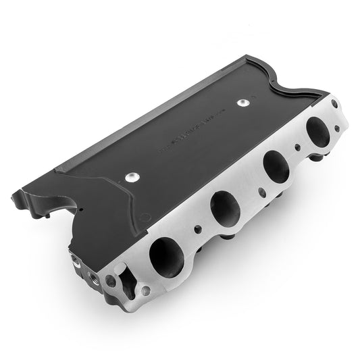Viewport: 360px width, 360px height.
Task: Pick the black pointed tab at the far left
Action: tap(15, 197)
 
